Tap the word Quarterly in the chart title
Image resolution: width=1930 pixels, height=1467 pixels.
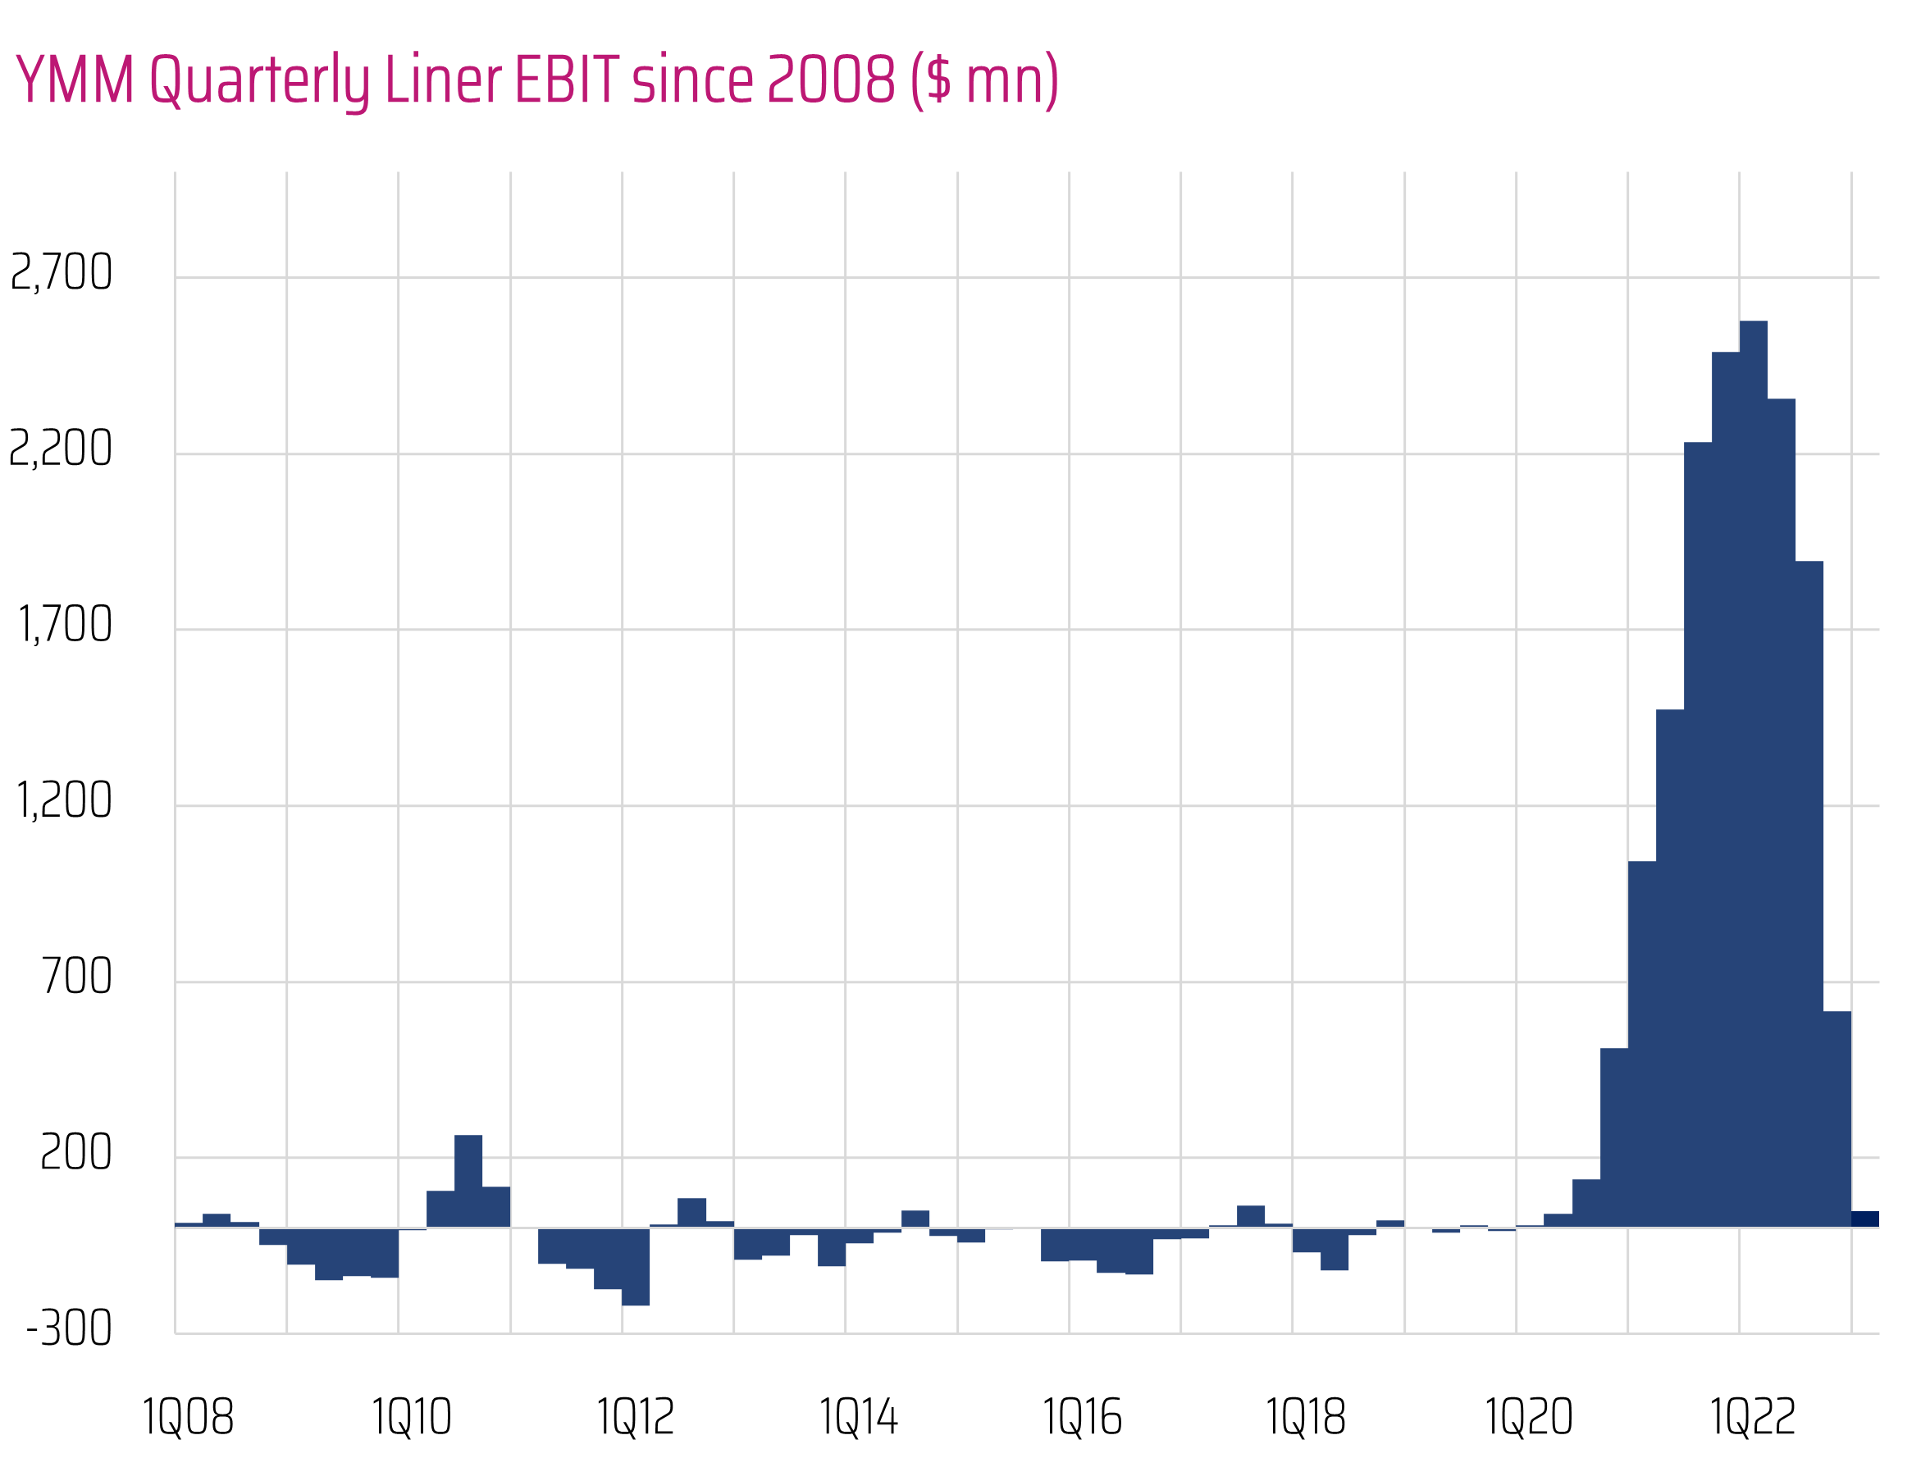tap(260, 81)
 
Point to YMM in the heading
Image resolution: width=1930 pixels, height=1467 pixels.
tap(75, 80)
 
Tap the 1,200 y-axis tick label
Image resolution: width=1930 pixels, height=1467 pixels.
tap(65, 800)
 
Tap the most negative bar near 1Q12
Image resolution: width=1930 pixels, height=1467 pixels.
tap(636, 1267)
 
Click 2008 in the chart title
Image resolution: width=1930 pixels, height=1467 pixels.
tap(832, 80)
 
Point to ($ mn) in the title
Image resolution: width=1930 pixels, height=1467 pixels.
tap(984, 80)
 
